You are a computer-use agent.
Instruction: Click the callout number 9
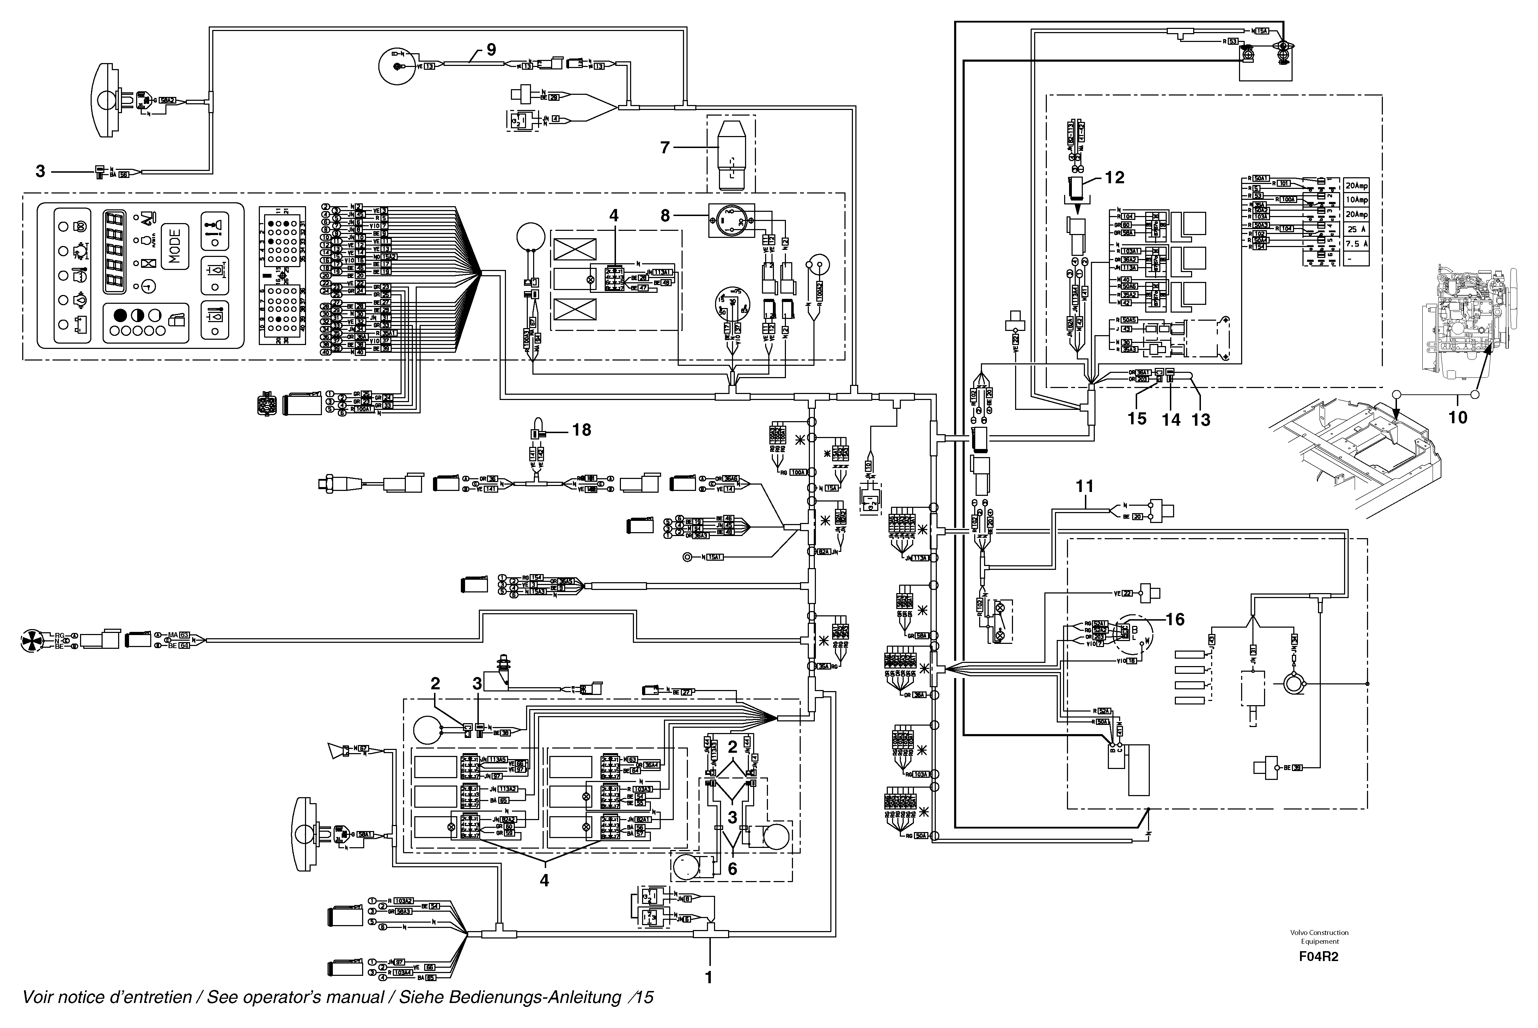pyautogui.click(x=491, y=50)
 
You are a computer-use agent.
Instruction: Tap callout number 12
pyautogui.click(x=1114, y=178)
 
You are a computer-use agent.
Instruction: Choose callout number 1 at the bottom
pyautogui.click(x=708, y=978)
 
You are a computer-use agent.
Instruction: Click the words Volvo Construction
pyautogui.click(x=1319, y=932)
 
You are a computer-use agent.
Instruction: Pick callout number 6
pyautogui.click(x=733, y=869)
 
